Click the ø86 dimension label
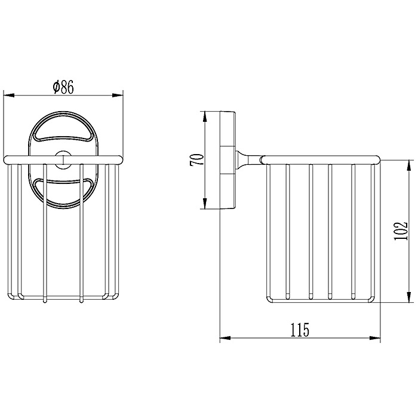(63, 87)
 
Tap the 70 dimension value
(196, 159)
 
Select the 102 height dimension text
(401, 231)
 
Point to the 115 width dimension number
(300, 330)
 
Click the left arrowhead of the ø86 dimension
(8, 95)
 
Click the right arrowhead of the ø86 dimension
(118, 95)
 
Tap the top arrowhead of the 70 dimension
(205, 117)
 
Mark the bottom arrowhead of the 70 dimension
(205, 204)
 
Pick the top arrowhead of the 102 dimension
(408, 165)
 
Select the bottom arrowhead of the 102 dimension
(408, 297)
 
